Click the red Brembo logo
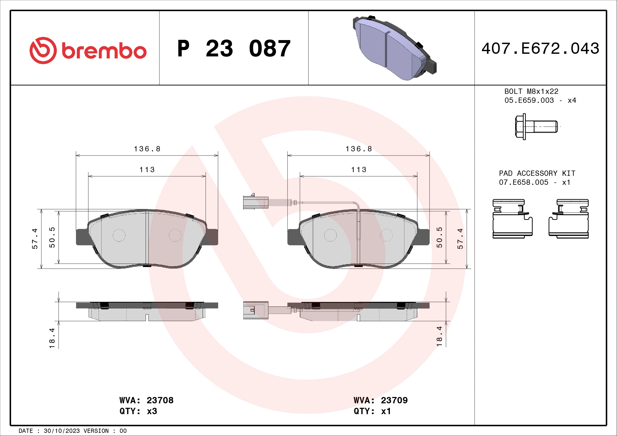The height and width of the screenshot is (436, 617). (x=88, y=50)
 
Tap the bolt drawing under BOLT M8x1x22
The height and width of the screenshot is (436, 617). (x=536, y=127)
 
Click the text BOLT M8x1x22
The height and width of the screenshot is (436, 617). (x=531, y=91)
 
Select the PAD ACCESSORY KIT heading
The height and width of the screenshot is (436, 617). (x=537, y=173)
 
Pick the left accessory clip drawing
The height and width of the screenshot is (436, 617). (x=512, y=219)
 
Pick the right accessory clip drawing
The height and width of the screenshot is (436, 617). (x=569, y=219)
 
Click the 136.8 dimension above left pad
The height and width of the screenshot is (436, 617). (x=147, y=149)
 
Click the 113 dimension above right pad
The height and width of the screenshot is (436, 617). (x=358, y=170)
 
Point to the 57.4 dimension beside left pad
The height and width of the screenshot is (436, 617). (x=35, y=239)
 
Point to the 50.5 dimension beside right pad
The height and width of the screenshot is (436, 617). (x=439, y=237)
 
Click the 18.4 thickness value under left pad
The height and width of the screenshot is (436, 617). (x=52, y=338)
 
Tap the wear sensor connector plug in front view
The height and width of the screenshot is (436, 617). (x=256, y=202)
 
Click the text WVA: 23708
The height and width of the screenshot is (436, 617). (x=146, y=400)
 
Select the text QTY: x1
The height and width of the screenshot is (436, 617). (x=372, y=411)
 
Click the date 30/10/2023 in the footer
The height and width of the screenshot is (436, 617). (x=61, y=431)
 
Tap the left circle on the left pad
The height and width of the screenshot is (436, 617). (x=119, y=235)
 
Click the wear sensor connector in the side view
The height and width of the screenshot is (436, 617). (x=256, y=310)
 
